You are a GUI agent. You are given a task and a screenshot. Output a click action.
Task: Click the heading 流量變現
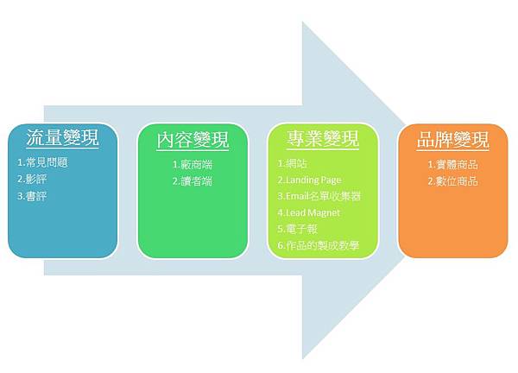point(63,138)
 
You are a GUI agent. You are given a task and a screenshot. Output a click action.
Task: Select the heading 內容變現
point(193,140)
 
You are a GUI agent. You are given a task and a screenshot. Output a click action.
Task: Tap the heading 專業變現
point(323,139)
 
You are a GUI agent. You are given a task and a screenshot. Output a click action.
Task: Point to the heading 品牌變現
point(452,140)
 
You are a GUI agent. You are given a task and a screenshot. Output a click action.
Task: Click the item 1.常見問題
point(42,162)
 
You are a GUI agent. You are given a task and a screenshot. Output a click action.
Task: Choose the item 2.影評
point(32,180)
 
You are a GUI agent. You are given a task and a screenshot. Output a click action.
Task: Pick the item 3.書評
point(32,196)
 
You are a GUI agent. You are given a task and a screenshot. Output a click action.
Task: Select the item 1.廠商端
point(193,165)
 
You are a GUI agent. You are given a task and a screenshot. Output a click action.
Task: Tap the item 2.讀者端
point(193,181)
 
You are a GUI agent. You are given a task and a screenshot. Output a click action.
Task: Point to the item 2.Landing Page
point(310,180)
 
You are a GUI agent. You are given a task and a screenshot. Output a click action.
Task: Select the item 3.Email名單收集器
point(319,196)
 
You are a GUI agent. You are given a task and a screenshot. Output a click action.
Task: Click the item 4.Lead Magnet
point(309,212)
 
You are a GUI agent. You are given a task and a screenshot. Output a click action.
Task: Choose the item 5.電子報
point(298,229)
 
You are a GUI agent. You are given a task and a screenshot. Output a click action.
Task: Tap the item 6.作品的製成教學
point(319,245)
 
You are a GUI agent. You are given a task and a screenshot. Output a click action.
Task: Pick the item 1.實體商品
point(453,165)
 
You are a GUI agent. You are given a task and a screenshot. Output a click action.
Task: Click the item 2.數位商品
point(453,181)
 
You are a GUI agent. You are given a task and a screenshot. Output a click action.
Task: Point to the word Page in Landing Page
point(331,180)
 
